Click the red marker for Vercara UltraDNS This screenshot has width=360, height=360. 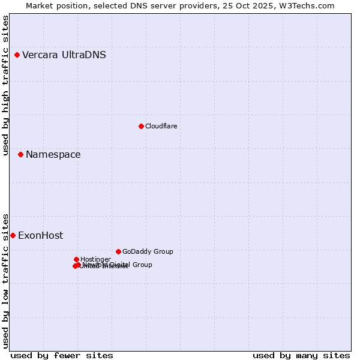(x=17, y=55)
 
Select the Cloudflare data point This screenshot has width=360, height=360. (x=141, y=126)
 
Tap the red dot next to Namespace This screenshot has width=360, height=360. (x=20, y=155)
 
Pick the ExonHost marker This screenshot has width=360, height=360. (x=13, y=235)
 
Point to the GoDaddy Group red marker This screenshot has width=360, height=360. (x=118, y=251)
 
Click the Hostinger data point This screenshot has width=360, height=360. (x=76, y=259)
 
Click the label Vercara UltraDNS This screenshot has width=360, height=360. (x=64, y=55)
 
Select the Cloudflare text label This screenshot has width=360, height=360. (x=161, y=126)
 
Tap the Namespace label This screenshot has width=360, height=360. (x=53, y=155)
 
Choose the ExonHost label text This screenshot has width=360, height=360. (x=40, y=235)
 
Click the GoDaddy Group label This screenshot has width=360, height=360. (x=147, y=251)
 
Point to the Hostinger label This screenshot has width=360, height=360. (x=95, y=259)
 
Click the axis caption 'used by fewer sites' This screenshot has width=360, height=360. (x=62, y=355)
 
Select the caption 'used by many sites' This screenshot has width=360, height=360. (x=301, y=355)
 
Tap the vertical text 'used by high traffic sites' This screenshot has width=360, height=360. (x=5, y=85)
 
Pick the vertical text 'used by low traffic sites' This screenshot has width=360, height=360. (x=5, y=281)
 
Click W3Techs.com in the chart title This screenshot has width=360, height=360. (x=310, y=5)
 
